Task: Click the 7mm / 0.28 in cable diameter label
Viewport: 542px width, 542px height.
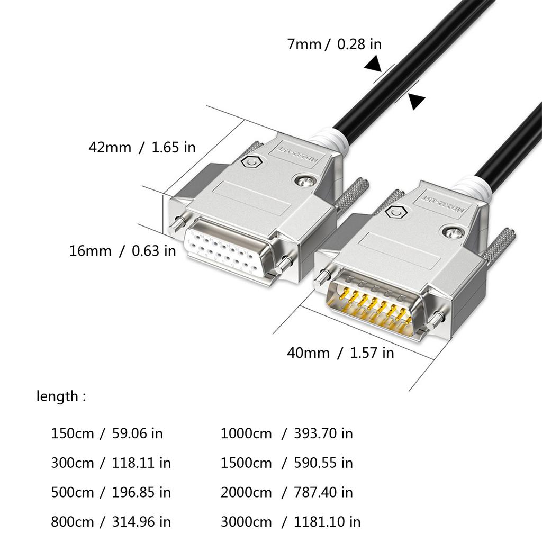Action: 334,44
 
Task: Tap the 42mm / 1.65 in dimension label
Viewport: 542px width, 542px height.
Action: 142,147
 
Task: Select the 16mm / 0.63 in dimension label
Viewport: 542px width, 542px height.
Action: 122,250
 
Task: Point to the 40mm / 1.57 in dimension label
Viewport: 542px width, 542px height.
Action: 340,353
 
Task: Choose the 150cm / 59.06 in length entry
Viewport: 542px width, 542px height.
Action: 107,433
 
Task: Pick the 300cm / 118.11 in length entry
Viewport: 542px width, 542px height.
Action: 111,463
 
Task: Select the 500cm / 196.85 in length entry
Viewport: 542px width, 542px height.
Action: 111,492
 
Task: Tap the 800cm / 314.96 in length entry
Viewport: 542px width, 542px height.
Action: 111,522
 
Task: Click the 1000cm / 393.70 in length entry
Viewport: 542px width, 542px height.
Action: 286,433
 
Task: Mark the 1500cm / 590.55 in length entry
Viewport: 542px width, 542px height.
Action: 286,463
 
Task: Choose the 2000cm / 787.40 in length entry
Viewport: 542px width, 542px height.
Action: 286,492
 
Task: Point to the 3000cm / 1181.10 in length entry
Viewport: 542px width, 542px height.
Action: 291,522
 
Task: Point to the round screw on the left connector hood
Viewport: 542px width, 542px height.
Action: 304,181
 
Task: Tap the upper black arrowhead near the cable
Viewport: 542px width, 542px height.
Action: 374,65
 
